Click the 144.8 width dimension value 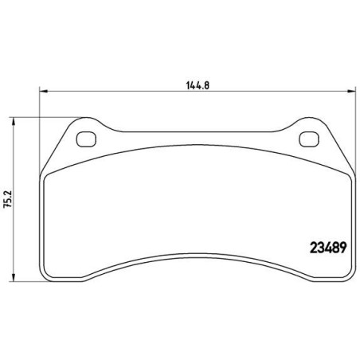198,85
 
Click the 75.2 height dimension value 7,199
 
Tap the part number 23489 328,248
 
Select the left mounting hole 86,139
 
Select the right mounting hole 309,139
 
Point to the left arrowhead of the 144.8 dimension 43,91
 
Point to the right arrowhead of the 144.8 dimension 351,91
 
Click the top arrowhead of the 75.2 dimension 13,121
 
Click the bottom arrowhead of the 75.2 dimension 13,277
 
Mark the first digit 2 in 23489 314,248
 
